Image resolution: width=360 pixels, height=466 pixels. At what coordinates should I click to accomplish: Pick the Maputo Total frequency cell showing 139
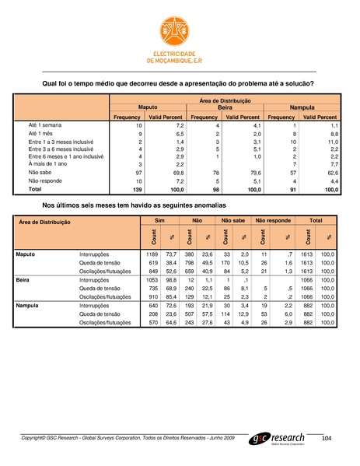135,189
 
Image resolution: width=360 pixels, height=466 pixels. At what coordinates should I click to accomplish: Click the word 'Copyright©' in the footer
37,440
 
